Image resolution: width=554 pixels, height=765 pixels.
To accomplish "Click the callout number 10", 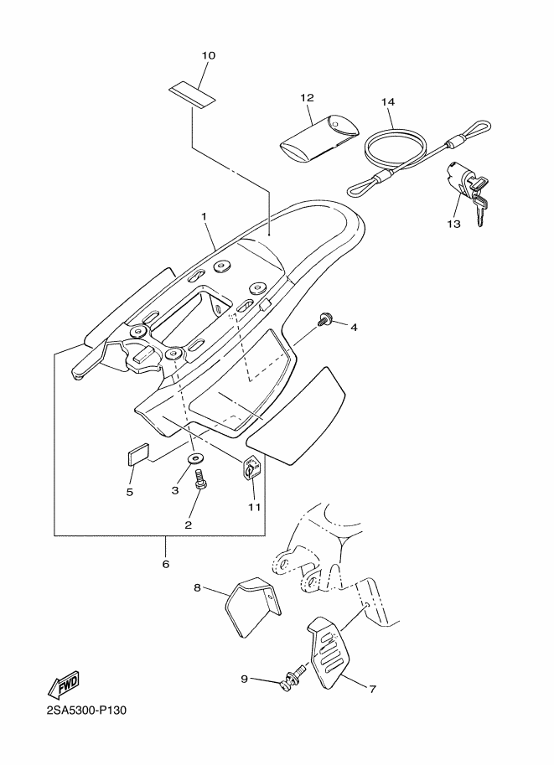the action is point(209,55).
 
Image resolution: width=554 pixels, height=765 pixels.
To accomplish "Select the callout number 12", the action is point(307,98).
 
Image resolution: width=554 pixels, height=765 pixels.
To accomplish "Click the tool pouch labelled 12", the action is point(318,138).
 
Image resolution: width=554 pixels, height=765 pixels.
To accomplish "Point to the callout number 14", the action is point(388,102).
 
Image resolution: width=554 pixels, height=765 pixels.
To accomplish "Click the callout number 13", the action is point(453,224).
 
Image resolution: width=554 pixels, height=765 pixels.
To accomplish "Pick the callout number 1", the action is point(204,215).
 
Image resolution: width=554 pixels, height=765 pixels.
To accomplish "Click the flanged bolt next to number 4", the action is point(324,320).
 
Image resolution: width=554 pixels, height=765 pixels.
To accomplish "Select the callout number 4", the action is point(354,328).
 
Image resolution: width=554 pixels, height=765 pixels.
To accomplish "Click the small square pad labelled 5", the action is point(137,452).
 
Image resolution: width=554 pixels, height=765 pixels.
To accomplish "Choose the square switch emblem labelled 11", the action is point(253,468).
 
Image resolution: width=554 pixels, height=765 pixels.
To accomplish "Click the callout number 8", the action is point(197,588).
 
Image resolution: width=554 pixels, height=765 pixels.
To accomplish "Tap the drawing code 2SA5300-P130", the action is point(86,710).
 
